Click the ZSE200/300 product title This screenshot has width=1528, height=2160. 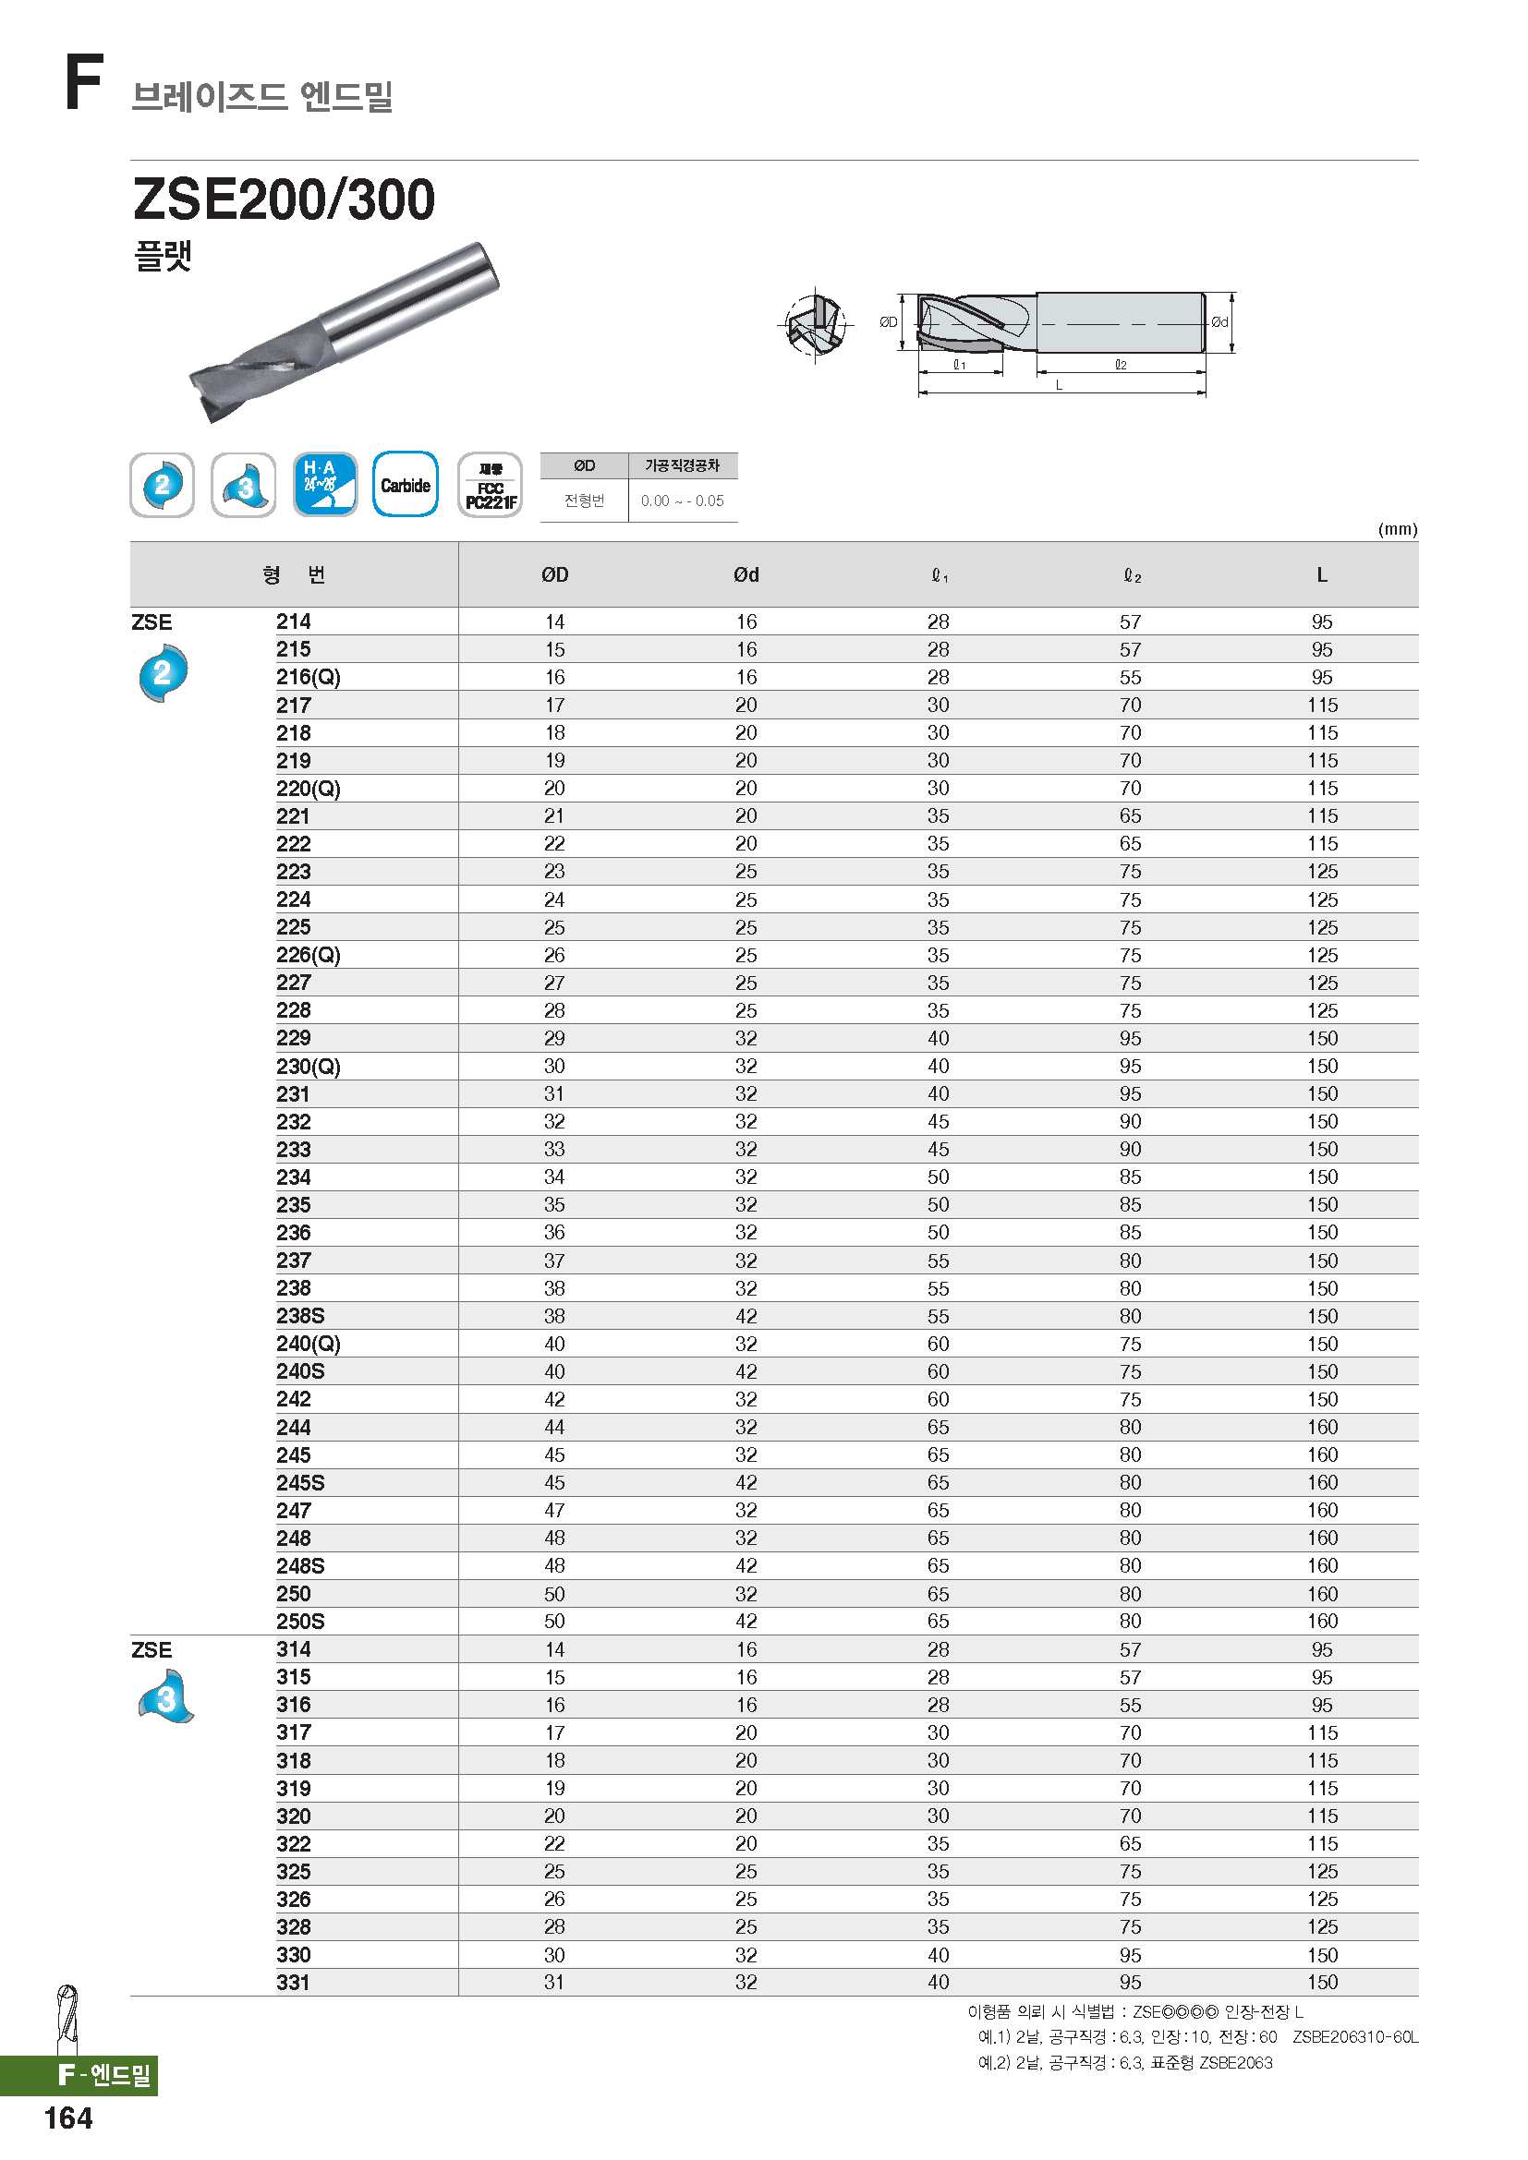(x=285, y=199)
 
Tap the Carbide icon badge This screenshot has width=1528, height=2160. (x=406, y=485)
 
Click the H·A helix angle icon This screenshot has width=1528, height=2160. (x=325, y=485)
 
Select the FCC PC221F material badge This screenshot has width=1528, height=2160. (x=490, y=486)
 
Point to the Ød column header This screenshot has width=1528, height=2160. (x=746, y=574)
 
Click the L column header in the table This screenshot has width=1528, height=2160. (x=1321, y=574)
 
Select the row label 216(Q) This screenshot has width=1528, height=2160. (x=308, y=677)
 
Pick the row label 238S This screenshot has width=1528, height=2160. (x=300, y=1316)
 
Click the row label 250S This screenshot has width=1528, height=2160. (x=300, y=1621)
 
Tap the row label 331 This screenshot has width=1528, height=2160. (x=293, y=1982)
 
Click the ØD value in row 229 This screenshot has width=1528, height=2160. (x=554, y=1039)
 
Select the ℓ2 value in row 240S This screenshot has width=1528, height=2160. (x=1130, y=1371)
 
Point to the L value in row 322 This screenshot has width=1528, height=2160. (x=1321, y=1844)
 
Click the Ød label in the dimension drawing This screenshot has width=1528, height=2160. (x=1219, y=321)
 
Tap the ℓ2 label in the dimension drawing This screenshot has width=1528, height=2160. (x=1120, y=365)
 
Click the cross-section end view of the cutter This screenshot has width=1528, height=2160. (x=815, y=325)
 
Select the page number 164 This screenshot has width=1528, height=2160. (x=67, y=2118)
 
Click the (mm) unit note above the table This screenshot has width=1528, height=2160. (x=1397, y=529)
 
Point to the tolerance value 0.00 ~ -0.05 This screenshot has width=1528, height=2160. (x=682, y=501)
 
